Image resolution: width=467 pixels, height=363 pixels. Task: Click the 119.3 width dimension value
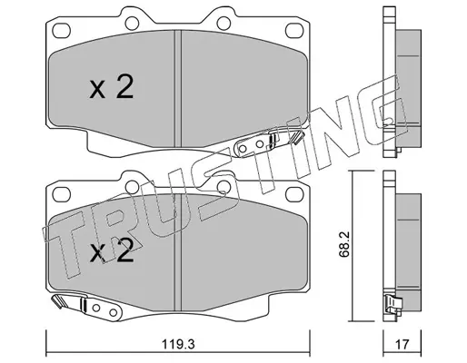tap(178, 344)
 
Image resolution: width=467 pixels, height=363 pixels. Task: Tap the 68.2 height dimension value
tap(344, 244)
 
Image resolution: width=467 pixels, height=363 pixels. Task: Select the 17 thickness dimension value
tap(402, 344)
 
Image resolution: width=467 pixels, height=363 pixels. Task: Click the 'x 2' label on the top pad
tap(112, 87)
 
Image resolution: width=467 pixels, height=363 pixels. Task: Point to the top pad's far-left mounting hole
tap(61, 30)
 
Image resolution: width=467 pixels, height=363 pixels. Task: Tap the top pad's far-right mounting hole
tap(294, 30)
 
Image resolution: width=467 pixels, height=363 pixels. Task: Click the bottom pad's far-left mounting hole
tap(61, 194)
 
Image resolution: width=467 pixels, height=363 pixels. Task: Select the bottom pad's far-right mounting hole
tap(294, 194)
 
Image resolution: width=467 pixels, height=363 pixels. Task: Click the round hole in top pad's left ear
tap(132, 24)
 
